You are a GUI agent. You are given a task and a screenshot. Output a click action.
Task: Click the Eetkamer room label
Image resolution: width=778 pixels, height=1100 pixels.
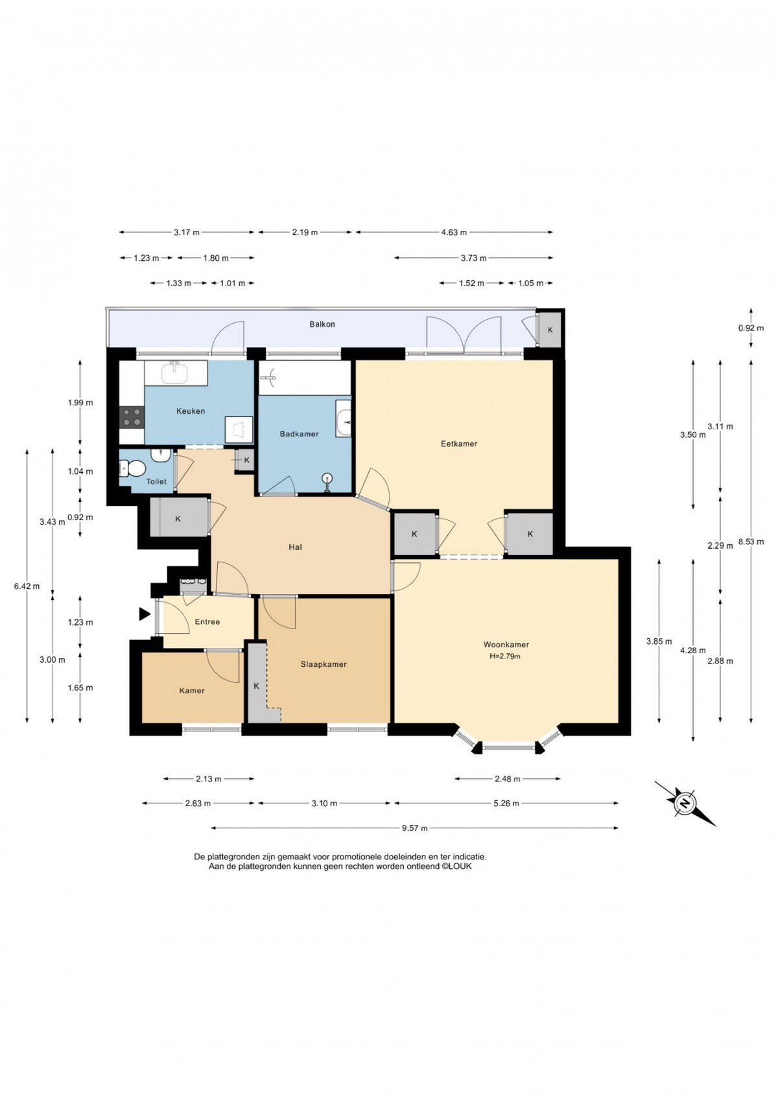tap(458, 444)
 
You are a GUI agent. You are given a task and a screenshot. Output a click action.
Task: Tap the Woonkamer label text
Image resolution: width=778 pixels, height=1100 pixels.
tap(506, 645)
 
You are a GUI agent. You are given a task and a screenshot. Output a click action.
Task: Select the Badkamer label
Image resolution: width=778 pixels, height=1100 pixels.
tap(299, 434)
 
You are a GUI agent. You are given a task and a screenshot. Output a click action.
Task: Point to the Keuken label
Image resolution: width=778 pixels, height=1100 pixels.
tap(191, 411)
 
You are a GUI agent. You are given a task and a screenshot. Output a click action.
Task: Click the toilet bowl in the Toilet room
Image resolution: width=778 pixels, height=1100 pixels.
tap(131, 468)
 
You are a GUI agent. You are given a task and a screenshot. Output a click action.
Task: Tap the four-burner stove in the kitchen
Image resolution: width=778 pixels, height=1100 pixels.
tap(132, 418)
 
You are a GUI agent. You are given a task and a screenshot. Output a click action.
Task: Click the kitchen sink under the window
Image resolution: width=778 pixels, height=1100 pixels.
tap(175, 372)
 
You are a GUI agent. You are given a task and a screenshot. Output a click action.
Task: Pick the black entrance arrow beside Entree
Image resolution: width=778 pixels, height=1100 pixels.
tap(144, 614)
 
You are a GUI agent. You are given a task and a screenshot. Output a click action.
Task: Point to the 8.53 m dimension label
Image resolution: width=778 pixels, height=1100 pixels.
tap(751, 542)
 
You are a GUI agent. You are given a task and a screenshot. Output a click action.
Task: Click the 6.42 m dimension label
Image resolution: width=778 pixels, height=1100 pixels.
tap(27, 586)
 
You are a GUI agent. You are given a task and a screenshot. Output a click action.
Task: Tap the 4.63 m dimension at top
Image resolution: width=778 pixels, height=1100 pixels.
tap(453, 232)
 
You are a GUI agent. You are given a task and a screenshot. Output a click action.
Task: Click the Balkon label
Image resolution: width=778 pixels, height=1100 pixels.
tap(322, 324)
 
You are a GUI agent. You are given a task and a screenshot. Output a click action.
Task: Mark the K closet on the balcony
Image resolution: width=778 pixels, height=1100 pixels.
tap(550, 329)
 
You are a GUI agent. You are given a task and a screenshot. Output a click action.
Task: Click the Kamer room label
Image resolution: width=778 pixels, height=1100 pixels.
tap(191, 691)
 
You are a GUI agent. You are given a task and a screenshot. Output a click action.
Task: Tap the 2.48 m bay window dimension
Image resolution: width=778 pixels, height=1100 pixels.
tap(508, 778)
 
